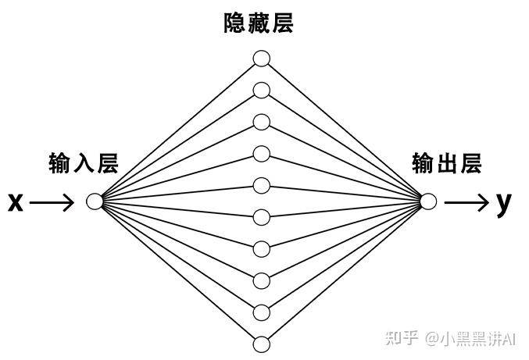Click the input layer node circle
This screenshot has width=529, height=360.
(95, 202)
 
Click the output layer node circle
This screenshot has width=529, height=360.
(427, 201)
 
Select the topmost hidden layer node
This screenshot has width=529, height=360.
(261, 59)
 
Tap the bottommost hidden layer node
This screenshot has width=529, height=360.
(261, 344)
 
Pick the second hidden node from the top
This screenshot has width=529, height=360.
(261, 91)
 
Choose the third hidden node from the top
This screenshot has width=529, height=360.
(261, 122)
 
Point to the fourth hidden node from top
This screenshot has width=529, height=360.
(261, 154)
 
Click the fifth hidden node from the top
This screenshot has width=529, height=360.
(261, 185)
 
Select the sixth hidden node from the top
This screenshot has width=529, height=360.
(261, 217)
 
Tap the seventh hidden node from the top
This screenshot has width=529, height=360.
(261, 248)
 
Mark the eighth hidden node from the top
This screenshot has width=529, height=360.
(261, 280)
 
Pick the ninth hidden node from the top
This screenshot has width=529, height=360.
(261, 312)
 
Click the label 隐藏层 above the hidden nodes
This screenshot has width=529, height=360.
(259, 24)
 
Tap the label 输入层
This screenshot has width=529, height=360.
(83, 163)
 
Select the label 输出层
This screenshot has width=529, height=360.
(447, 163)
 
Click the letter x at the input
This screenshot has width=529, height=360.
(16, 203)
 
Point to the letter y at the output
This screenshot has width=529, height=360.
(504, 203)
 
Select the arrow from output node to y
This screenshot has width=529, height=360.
(467, 203)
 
